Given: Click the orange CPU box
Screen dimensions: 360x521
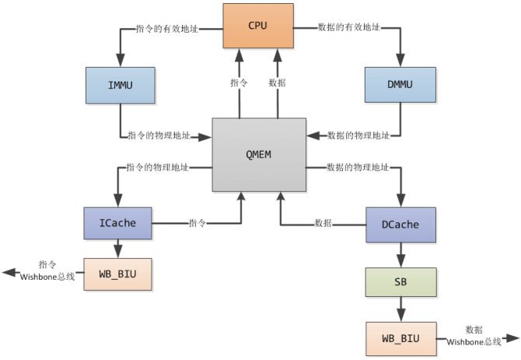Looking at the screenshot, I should tap(257, 26).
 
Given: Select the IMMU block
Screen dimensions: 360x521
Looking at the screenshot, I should tap(120, 84).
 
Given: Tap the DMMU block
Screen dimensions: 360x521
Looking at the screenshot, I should tap(399, 84).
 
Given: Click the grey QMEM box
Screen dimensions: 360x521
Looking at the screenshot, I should tap(258, 153).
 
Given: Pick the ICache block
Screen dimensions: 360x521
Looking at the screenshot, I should tap(117, 223).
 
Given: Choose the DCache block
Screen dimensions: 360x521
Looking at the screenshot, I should tap(400, 224).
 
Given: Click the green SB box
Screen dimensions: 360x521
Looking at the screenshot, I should tap(400, 281).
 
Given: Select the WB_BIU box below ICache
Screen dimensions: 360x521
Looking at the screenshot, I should tap(117, 273).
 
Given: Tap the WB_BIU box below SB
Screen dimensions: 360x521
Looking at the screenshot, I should tap(400, 338).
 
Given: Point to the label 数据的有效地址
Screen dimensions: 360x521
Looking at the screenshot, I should tap(349, 27).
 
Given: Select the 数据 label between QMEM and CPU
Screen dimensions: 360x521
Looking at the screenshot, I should tap(277, 82).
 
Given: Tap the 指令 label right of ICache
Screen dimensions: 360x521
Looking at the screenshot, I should tap(198, 223).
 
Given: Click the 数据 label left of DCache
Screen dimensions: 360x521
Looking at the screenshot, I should tap(323, 223).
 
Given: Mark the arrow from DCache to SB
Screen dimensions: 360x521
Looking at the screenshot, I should tap(400, 253).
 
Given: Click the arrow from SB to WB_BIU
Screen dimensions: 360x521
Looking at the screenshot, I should tap(400, 309).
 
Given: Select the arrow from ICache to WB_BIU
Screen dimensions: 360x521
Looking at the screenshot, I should tap(117, 248).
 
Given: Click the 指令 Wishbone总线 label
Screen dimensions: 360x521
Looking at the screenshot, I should tap(48, 271).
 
